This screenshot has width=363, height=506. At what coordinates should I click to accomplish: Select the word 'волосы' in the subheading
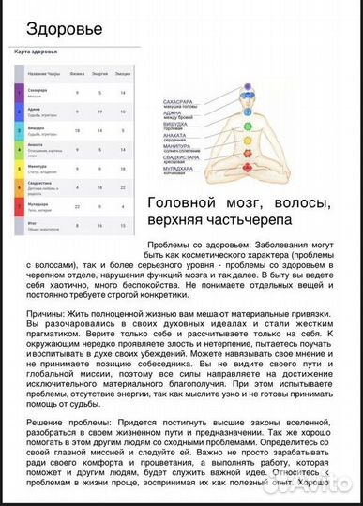pos(300,202)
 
